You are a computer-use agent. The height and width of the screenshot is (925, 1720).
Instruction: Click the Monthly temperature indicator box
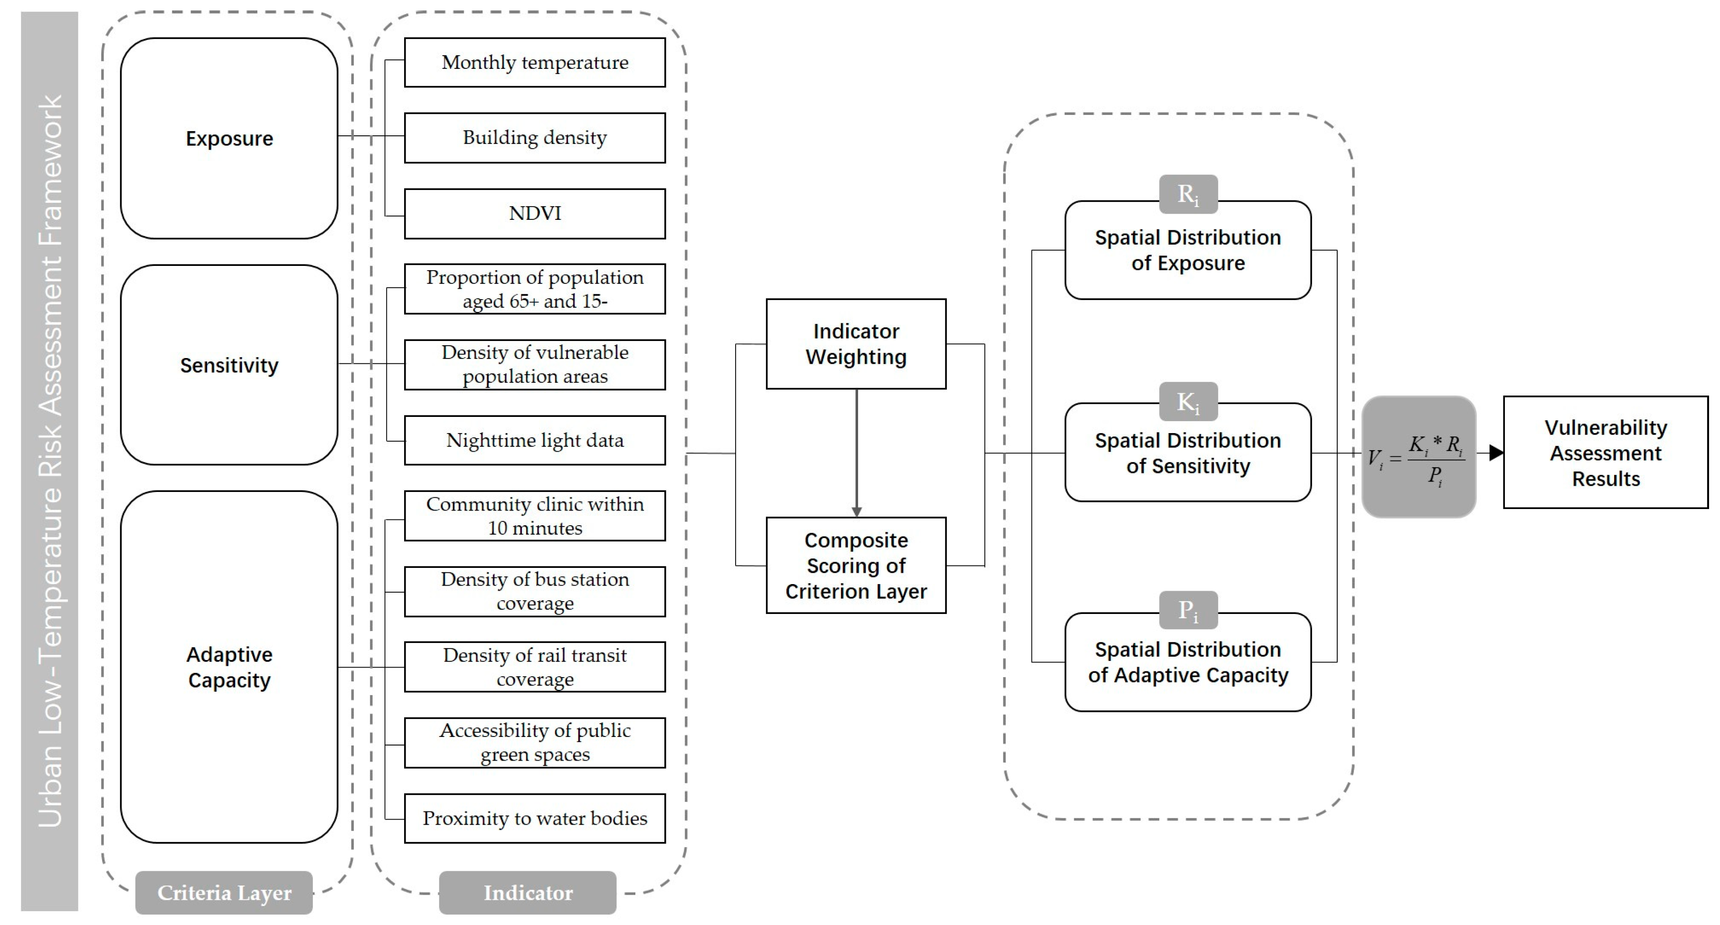click(x=534, y=62)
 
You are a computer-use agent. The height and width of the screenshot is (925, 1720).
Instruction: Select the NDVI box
click(x=534, y=213)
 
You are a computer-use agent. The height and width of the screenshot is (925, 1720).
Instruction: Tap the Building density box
click(x=534, y=138)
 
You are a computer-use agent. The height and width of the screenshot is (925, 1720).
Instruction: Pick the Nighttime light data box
click(x=534, y=440)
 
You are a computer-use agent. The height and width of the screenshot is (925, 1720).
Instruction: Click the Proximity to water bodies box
click(x=534, y=818)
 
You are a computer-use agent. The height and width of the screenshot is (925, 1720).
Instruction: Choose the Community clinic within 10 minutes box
click(x=534, y=516)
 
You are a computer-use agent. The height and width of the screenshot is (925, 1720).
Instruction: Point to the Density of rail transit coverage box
click(x=534, y=667)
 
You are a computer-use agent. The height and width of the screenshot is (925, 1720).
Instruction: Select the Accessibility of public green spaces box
click(x=534, y=742)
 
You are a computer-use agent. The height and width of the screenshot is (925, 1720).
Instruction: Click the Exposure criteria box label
click(x=229, y=138)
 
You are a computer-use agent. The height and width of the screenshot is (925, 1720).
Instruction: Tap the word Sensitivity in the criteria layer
click(x=229, y=365)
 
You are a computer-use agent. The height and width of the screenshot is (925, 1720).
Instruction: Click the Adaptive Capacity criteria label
click(x=229, y=667)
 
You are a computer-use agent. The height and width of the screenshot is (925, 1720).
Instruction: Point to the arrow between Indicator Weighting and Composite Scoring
click(x=856, y=454)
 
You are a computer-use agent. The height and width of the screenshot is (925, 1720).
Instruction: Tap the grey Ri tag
click(x=1188, y=194)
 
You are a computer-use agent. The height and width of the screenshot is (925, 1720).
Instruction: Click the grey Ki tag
click(x=1188, y=401)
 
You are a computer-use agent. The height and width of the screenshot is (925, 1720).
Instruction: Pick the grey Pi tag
click(x=1188, y=610)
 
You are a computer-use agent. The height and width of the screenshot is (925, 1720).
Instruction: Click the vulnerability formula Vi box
click(x=1418, y=457)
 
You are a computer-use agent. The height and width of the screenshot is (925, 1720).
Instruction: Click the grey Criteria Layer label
click(x=224, y=892)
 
